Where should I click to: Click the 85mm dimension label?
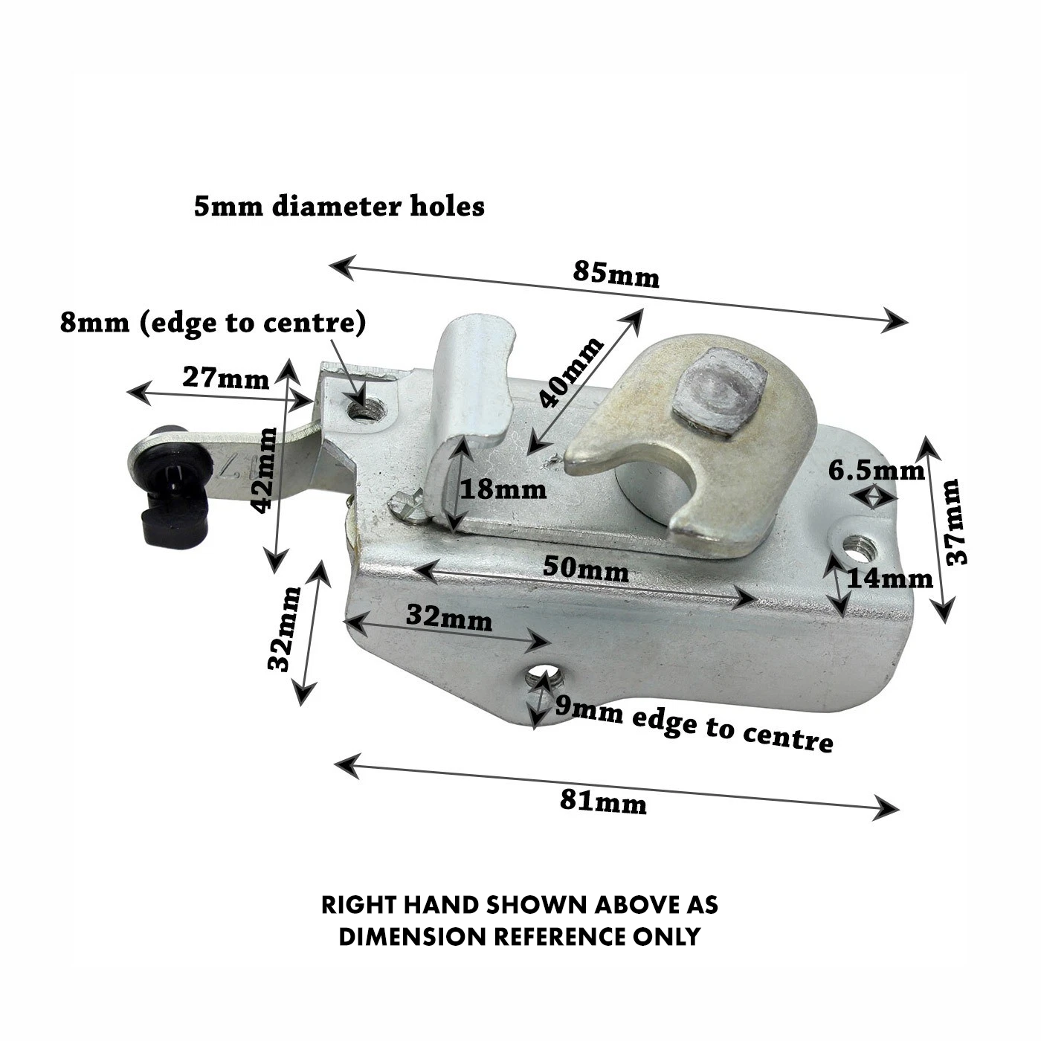point(616,274)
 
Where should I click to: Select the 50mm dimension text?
point(586,569)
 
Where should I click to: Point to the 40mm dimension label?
point(571,372)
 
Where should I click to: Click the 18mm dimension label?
point(503,489)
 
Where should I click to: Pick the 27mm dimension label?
point(225,378)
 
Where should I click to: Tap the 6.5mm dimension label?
point(877,471)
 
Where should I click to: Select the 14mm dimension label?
point(890,579)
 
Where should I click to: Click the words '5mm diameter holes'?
point(339,207)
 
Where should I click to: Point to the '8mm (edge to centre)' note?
point(213,323)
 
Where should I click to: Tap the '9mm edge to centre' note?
point(694,725)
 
